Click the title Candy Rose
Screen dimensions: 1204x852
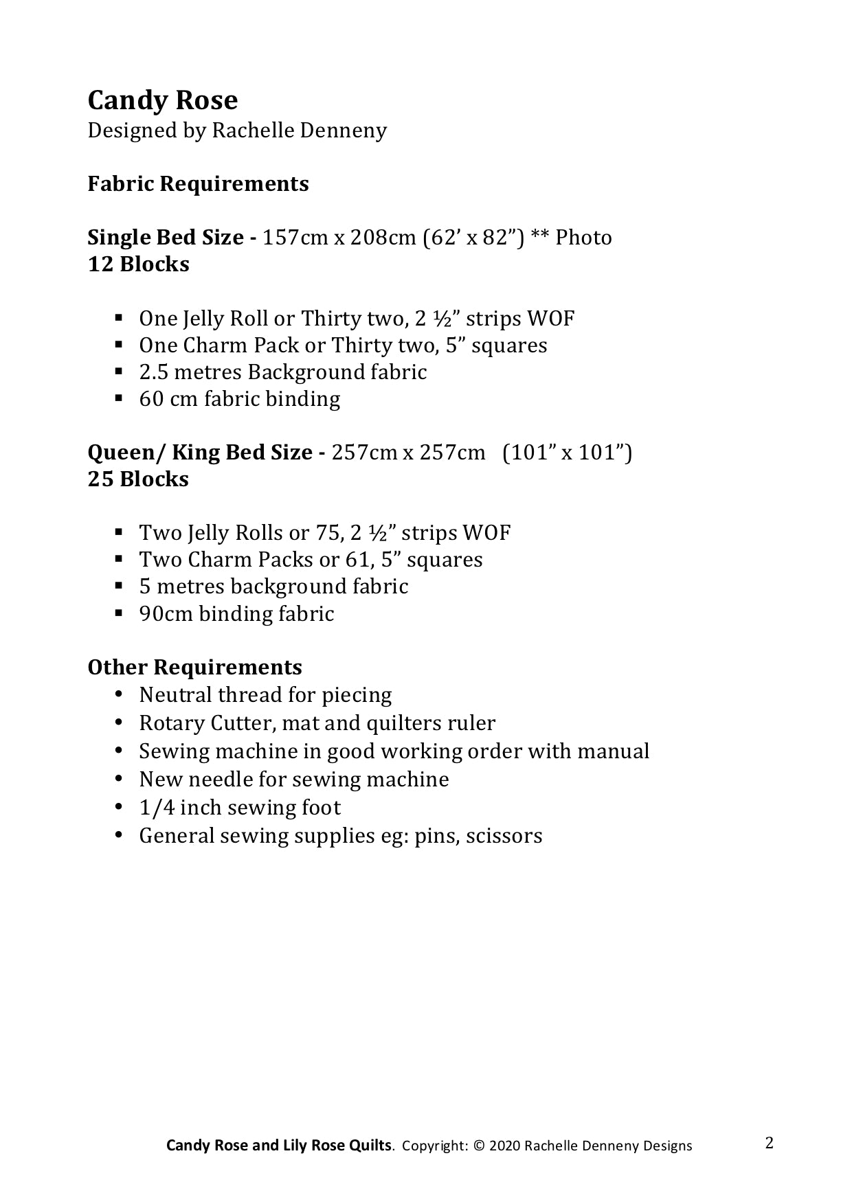pos(163,100)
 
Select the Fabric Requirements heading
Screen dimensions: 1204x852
pos(198,183)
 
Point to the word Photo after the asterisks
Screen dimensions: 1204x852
pos(583,237)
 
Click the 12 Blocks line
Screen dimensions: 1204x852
pos(138,264)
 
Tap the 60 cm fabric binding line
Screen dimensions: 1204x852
pos(239,398)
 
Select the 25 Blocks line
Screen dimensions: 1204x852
pos(138,479)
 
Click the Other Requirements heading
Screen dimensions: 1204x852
pos(194,667)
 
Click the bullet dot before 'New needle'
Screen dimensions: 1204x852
pos(120,779)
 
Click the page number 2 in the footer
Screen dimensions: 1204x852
pos(769,1143)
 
